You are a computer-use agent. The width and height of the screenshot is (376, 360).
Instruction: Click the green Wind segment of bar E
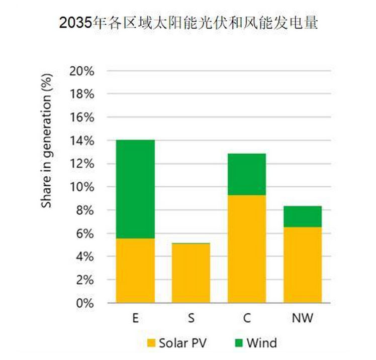tap(135, 189)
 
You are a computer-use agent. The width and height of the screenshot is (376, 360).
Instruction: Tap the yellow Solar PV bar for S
tap(191, 273)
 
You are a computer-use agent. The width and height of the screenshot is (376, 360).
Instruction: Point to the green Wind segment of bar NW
tap(303, 216)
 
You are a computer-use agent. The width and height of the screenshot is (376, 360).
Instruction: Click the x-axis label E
tap(135, 319)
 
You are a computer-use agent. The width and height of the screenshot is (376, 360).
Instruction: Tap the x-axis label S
tap(191, 319)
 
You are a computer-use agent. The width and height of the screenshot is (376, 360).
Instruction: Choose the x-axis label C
tap(247, 319)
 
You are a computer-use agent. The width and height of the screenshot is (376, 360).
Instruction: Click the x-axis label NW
tap(303, 319)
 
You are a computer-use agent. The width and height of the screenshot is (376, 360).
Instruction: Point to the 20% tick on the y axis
tap(82, 71)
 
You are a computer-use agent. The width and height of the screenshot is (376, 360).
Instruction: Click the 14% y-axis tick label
tap(82, 141)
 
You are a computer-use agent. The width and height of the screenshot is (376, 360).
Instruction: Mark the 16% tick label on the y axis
tap(82, 117)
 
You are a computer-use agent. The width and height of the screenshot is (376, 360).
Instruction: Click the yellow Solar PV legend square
tap(151, 343)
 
